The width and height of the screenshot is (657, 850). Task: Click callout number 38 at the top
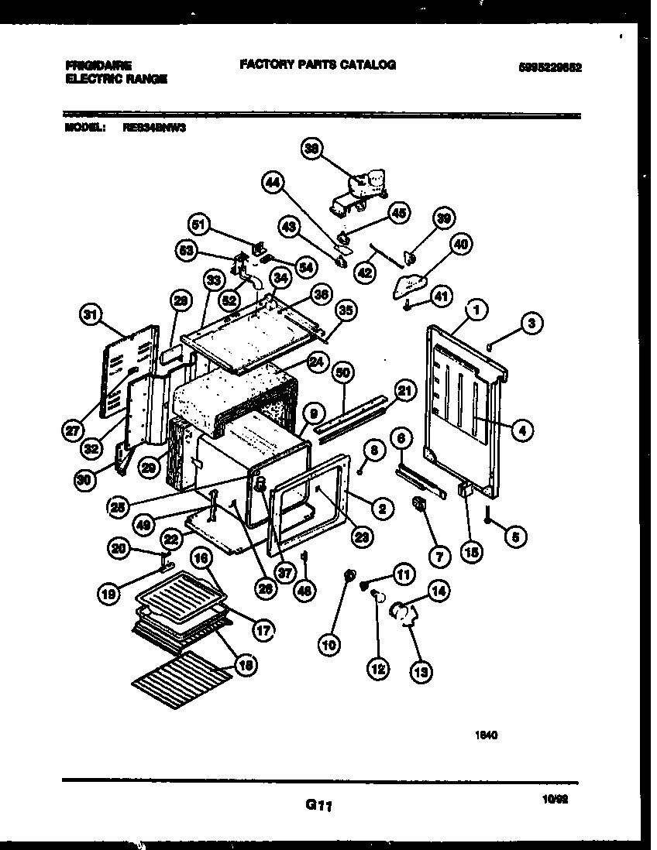pyautogui.click(x=312, y=153)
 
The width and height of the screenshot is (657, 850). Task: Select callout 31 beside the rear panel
pyautogui.click(x=91, y=314)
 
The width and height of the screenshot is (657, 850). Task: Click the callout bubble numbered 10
pyautogui.click(x=330, y=643)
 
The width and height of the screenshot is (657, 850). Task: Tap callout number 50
pyautogui.click(x=342, y=372)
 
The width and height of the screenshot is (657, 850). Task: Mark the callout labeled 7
pyautogui.click(x=439, y=554)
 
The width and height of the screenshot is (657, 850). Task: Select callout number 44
pyautogui.click(x=272, y=183)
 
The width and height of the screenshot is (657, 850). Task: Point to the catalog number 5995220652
pyautogui.click(x=550, y=67)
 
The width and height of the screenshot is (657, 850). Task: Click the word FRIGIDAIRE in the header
pyautogui.click(x=99, y=66)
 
